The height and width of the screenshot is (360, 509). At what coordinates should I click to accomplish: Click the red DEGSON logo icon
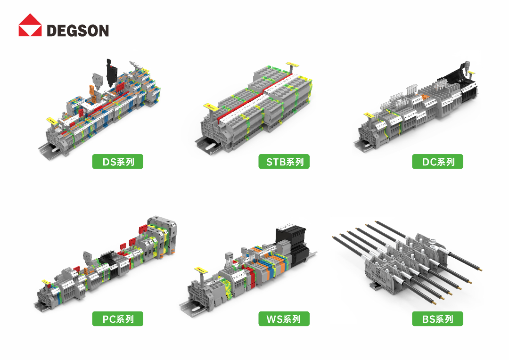tap(30, 25)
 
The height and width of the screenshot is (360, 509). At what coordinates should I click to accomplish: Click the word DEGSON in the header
tap(78, 31)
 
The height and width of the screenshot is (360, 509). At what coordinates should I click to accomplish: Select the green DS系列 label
tap(117, 161)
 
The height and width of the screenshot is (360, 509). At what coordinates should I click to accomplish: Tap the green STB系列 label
tap(284, 161)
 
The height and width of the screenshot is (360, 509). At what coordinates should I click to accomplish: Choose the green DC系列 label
tap(437, 161)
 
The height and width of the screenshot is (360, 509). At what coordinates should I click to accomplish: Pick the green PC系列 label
tap(117, 319)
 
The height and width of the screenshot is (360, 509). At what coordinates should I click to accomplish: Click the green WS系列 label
tap(284, 319)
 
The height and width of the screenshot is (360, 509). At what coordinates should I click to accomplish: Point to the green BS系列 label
tap(437, 319)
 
